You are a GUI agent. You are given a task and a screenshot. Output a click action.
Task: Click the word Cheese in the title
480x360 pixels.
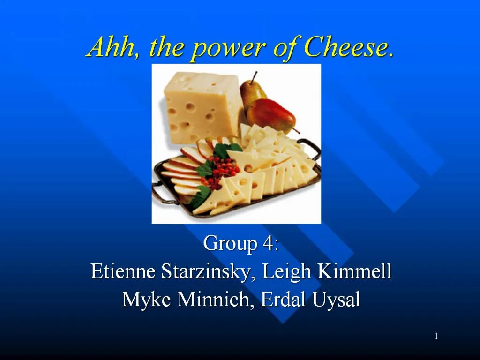tap(348, 47)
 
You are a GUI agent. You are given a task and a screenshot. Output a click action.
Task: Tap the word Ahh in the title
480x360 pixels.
tap(109, 47)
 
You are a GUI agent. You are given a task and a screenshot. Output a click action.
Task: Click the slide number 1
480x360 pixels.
tap(436, 336)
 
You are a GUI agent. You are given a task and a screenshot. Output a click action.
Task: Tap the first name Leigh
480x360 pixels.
tap(283, 272)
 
